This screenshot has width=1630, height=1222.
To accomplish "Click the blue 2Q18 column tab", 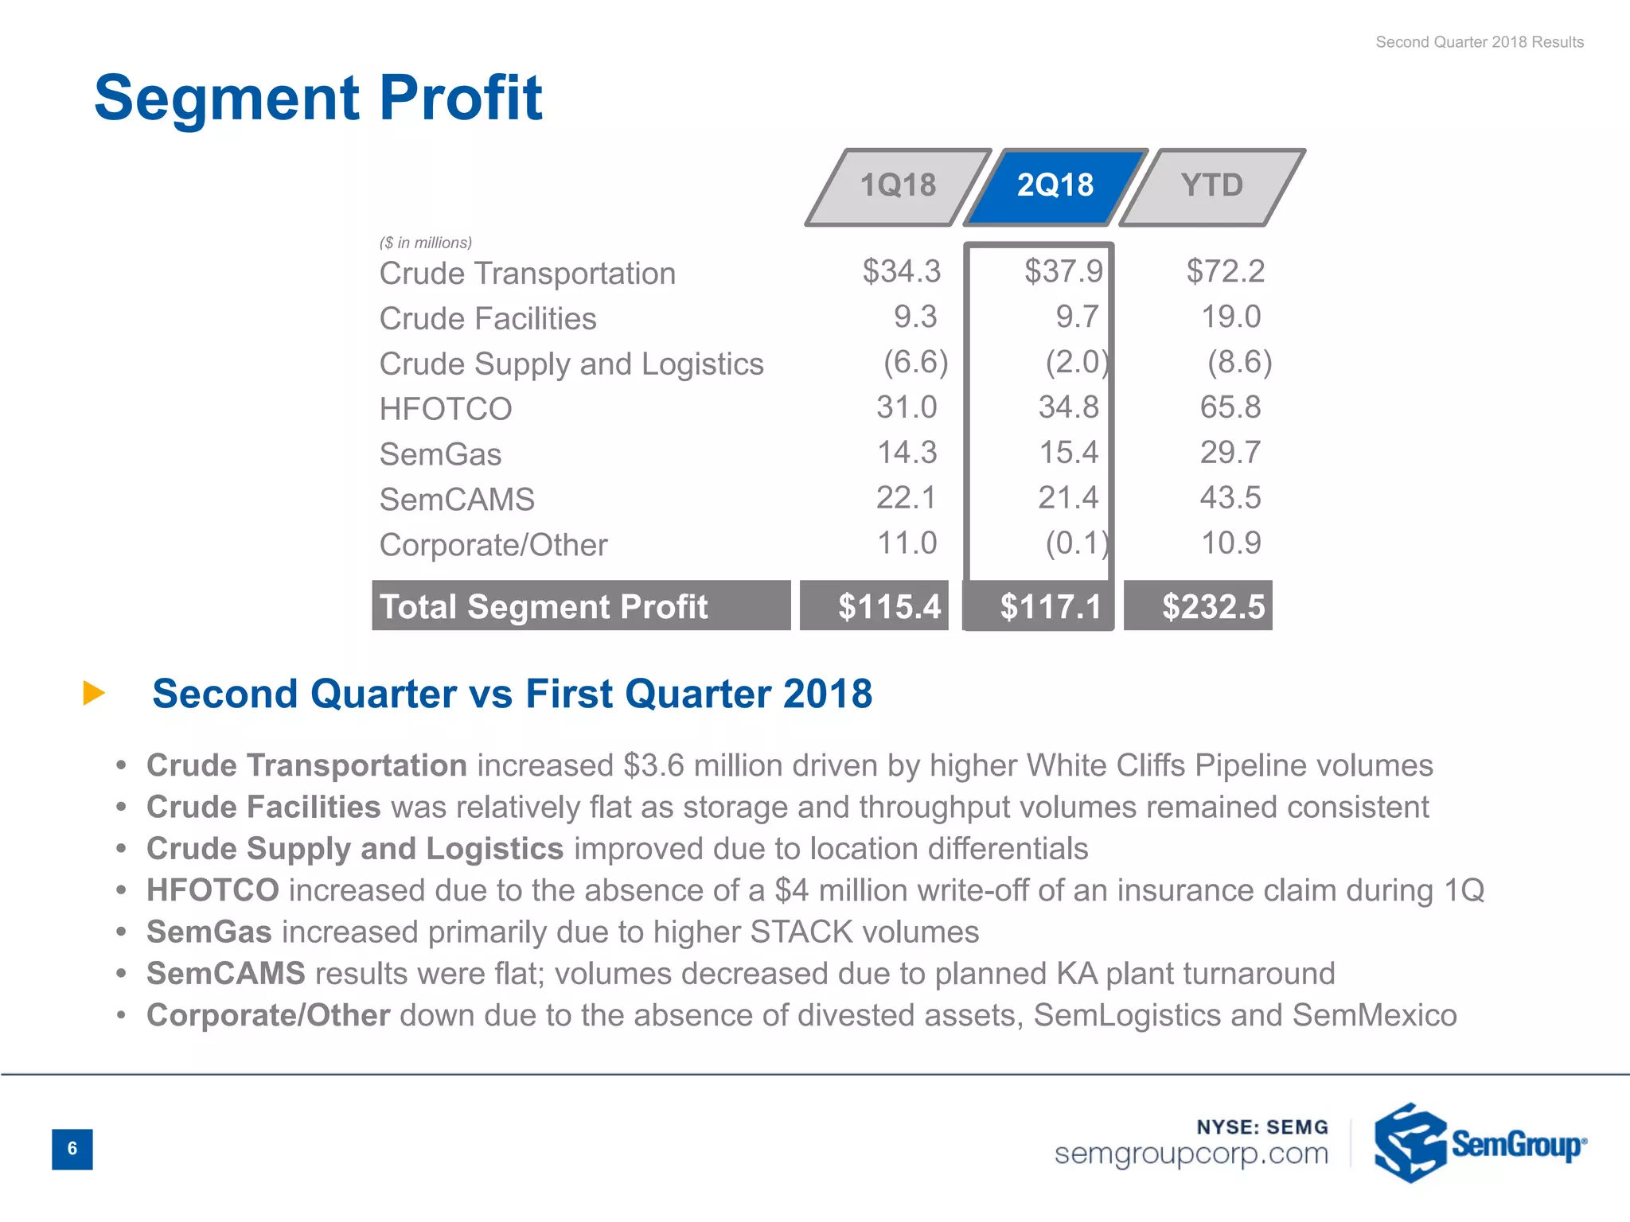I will [1055, 186].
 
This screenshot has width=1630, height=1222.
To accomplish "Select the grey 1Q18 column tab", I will [898, 186].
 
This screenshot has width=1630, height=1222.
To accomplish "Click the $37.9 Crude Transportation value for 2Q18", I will [1063, 271].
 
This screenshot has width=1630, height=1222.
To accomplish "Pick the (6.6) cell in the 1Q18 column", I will [915, 363].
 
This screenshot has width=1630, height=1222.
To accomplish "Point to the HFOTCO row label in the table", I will [446, 409].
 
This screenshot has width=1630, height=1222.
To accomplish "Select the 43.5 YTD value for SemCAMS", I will [1230, 498].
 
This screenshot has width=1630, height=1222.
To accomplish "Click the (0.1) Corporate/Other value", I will [1076, 543].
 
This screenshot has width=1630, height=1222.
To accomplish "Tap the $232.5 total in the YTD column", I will [1212, 606].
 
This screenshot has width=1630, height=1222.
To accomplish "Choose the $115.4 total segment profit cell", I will [888, 606].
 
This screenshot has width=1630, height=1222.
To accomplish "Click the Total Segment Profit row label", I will [544, 606].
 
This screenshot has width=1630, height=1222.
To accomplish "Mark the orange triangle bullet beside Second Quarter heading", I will [94, 693].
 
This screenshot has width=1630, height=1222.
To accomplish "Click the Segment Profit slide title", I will [318, 98].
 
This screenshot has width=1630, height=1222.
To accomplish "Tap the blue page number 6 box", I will [72, 1149].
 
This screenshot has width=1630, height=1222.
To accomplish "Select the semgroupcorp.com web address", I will [1191, 1154].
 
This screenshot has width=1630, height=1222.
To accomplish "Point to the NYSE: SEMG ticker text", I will [1261, 1127].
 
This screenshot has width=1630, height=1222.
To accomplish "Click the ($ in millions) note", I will [426, 243].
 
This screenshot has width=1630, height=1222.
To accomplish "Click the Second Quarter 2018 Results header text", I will [1479, 42].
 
